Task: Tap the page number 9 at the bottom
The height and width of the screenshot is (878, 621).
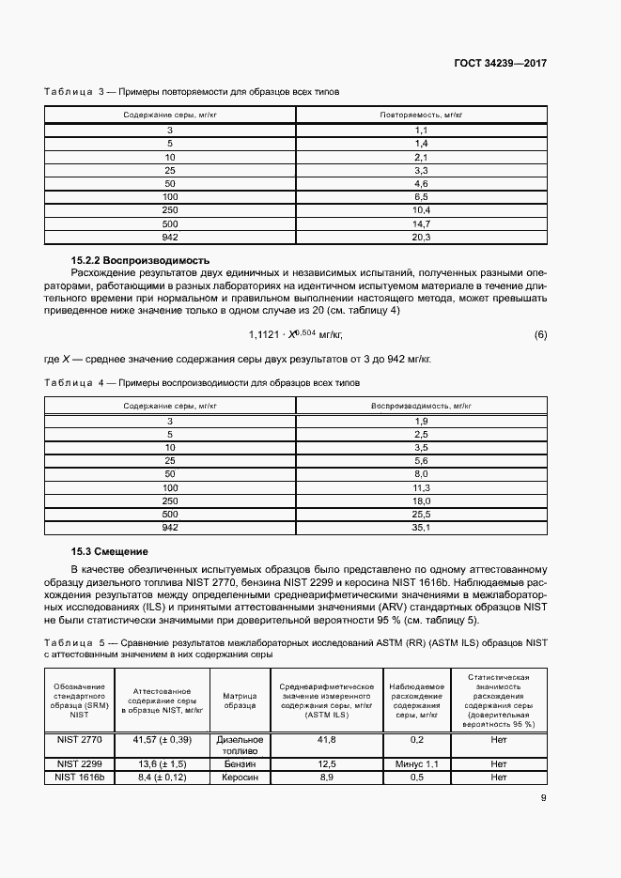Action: pos(543,799)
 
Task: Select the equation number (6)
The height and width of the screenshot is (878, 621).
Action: pos(540,334)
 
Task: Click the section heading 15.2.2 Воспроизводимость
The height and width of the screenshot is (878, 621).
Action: pos(140,259)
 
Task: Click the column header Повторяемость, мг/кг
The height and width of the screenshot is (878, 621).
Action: pos(421,114)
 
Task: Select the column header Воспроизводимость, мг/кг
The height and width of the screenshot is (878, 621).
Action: pos(421,405)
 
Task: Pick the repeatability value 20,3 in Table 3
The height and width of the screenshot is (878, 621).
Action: pos(421,239)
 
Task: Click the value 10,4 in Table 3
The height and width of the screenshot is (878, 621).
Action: pos(421,210)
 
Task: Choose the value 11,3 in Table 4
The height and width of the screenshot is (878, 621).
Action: pos(421,488)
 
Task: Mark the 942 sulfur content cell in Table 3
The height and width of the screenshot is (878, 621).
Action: pos(170,239)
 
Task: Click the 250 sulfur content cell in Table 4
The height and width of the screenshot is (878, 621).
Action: pos(170,501)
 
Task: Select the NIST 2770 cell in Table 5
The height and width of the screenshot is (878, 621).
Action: pos(79,740)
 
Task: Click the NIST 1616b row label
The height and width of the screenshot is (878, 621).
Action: pos(79,778)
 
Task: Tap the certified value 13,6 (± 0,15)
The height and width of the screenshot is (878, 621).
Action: pos(162,764)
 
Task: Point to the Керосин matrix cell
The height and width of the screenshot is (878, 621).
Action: pos(240,778)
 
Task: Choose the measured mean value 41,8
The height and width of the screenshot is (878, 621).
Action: pos(326,740)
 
